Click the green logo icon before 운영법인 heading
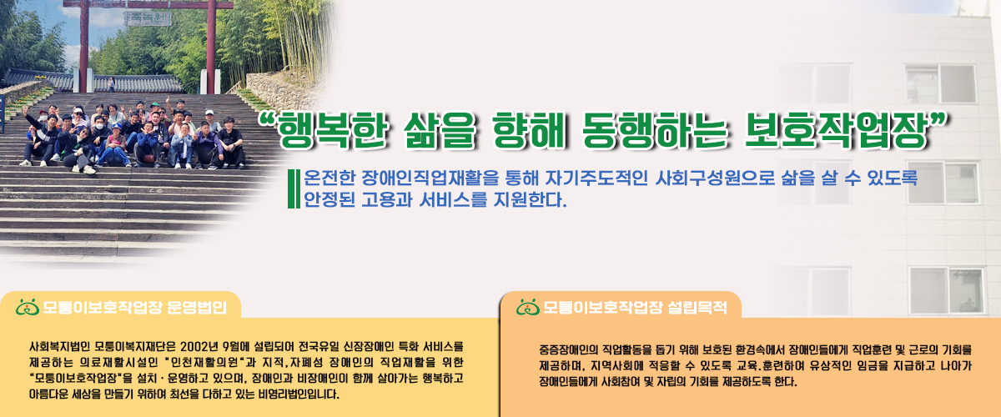tap(27, 307)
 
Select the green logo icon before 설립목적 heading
tap(528, 307)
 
